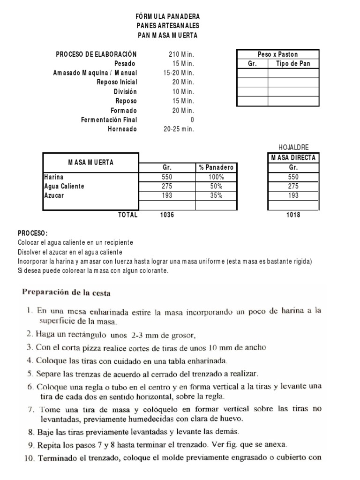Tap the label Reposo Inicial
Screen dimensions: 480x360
[117, 82]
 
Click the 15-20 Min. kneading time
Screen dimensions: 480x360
[179, 73]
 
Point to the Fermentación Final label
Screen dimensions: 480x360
[109, 120]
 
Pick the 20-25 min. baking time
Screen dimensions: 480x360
[179, 129]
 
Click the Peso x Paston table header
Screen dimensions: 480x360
[277, 54]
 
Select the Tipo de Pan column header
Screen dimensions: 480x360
[293, 64]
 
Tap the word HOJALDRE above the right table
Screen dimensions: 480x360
[293, 147]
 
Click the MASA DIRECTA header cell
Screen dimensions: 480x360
[293, 157]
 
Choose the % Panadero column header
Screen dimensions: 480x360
[216, 167]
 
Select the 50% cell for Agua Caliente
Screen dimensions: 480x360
[216, 186]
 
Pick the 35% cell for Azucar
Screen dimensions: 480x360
[216, 195]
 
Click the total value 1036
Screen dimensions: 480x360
[166, 215]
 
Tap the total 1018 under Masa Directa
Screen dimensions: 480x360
[293, 215]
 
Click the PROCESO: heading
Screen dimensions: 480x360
[33, 233]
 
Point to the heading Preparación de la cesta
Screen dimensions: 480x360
[66, 294]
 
